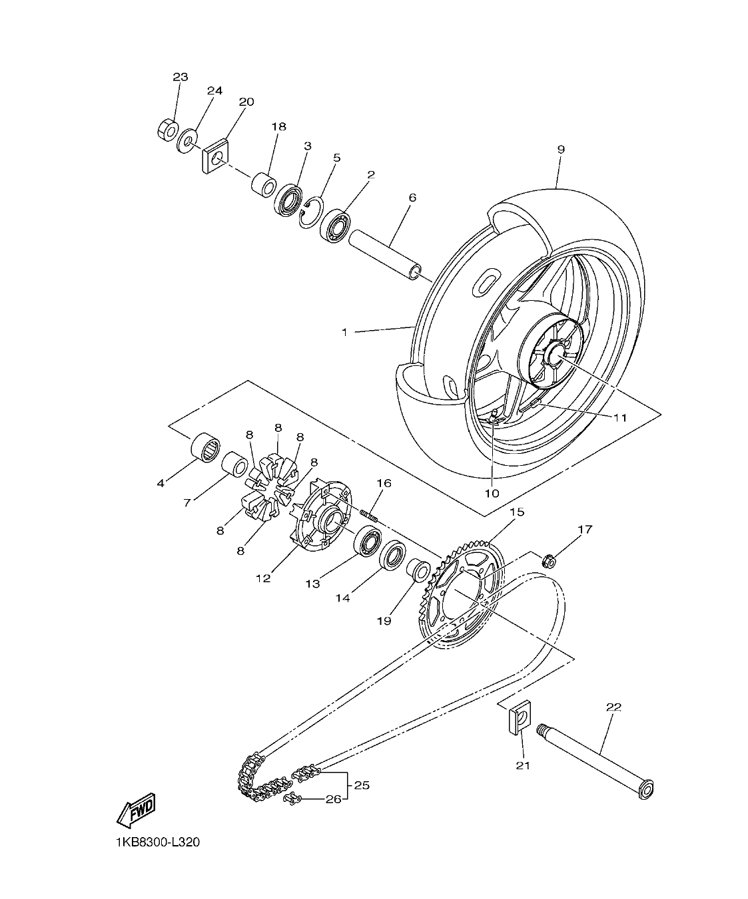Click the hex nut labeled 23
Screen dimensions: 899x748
[x=167, y=129]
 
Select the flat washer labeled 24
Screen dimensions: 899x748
[x=187, y=140]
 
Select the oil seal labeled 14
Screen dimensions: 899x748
[x=393, y=555]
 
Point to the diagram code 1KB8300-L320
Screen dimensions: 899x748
[x=156, y=842]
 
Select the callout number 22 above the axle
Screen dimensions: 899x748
[x=613, y=707]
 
